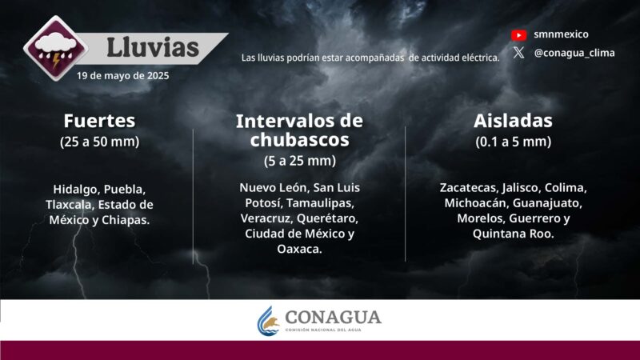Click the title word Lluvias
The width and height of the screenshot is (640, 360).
153,47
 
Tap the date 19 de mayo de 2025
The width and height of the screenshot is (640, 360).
123,76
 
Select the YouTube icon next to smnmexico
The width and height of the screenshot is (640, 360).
519,34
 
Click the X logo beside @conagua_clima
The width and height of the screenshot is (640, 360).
519,53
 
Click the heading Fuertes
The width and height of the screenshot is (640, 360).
99,121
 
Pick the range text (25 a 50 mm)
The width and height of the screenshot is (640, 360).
99,142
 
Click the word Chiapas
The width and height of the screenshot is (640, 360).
126,219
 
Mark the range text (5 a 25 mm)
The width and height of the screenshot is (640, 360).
299,161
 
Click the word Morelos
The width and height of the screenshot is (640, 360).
483,218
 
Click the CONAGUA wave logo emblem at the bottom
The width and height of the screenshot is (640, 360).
269,321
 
